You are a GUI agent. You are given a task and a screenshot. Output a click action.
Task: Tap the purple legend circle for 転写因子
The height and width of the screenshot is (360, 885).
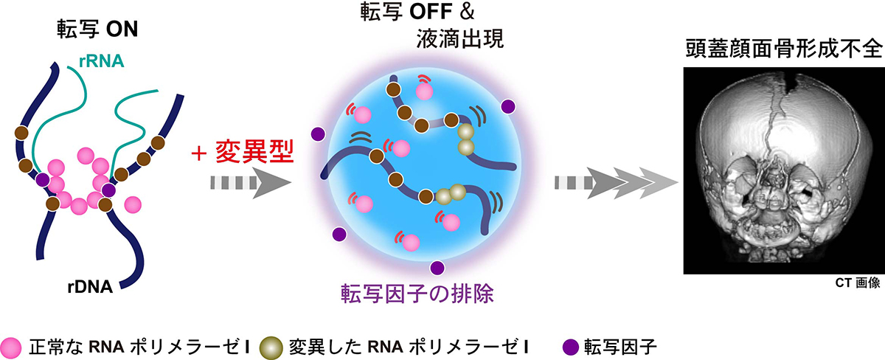[569, 344]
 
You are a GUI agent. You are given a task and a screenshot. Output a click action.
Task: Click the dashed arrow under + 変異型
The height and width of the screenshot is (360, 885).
[243, 181]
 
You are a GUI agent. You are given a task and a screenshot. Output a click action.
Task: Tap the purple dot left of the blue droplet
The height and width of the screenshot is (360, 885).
[318, 134]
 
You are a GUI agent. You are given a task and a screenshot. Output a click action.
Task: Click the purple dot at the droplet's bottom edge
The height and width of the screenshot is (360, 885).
[437, 267]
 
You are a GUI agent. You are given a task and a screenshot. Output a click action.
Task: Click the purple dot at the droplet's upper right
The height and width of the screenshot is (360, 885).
[507, 106]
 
